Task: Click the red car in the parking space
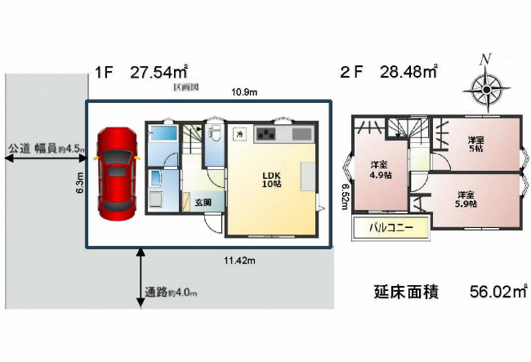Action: (x=117, y=173)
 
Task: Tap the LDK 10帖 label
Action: (x=270, y=180)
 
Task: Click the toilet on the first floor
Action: (x=216, y=133)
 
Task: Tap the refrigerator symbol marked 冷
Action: (x=239, y=133)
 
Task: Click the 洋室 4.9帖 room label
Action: (x=377, y=170)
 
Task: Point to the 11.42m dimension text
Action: (x=239, y=261)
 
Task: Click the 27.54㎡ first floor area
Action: (x=159, y=73)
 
